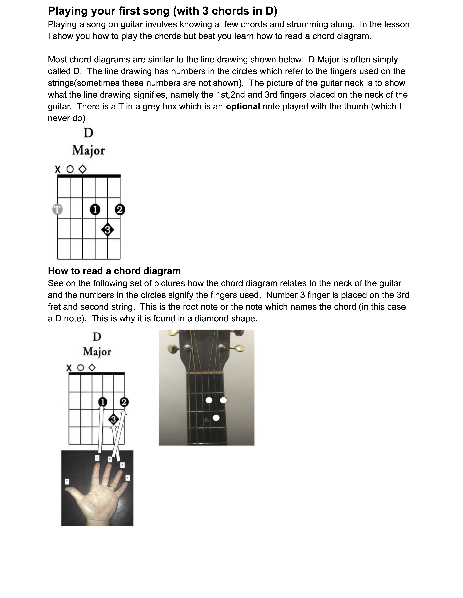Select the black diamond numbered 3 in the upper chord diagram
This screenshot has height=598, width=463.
pyautogui.click(x=107, y=230)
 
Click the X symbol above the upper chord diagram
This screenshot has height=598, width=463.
pyautogui.click(x=57, y=169)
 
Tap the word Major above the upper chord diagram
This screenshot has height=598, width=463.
pyautogui.click(x=88, y=151)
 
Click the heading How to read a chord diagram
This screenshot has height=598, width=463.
pyautogui.click(x=114, y=271)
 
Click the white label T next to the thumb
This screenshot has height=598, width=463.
pyautogui.click(x=67, y=482)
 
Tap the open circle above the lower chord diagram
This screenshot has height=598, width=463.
pyautogui.click(x=80, y=368)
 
